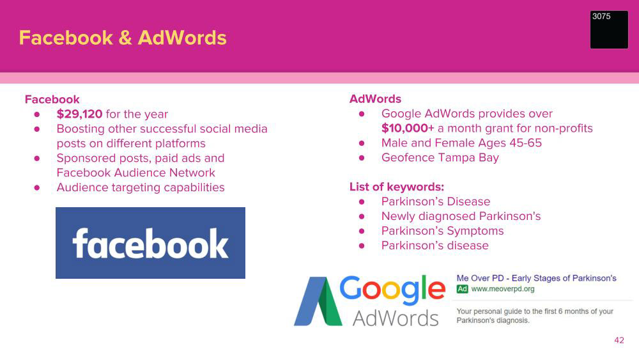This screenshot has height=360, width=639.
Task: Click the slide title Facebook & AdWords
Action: pos(123,38)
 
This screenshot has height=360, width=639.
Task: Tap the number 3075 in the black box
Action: pos(601,17)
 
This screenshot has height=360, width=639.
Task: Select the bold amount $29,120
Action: pos(79,114)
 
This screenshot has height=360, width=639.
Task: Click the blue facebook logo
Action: pos(150,243)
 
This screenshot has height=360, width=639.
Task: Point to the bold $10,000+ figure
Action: pos(408,129)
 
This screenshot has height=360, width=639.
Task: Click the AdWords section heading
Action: pos(375,99)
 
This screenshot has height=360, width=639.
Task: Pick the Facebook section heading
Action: pos(52,100)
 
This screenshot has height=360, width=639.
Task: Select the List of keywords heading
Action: pos(397,187)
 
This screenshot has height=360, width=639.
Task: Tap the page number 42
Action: pos(619,340)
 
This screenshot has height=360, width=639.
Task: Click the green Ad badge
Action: pos(462,289)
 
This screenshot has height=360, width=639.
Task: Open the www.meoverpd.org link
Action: pos(502,289)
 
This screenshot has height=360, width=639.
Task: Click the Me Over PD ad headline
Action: pos(536,278)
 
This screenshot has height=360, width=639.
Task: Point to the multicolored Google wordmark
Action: pos(392,290)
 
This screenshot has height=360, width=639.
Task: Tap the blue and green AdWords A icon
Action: pos(318,301)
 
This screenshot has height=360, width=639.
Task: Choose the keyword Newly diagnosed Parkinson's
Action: pos(461,216)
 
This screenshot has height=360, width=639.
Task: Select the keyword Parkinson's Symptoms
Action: pos(443,231)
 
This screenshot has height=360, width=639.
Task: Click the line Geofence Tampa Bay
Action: pos(440,158)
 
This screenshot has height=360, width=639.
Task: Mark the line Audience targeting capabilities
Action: pos(141,187)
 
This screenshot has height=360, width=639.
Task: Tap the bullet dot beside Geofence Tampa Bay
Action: pos(362,158)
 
